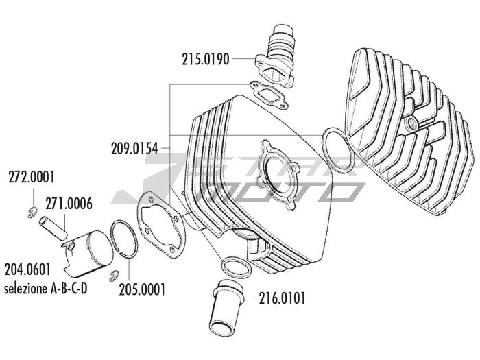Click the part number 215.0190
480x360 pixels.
tap(206, 59)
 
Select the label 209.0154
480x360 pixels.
tap(134, 149)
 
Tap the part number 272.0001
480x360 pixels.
tap(32, 177)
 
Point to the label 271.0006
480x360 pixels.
tap(69, 204)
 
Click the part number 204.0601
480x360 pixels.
tap(27, 269)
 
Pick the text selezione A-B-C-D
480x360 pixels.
tap(46, 289)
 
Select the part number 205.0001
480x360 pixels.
tap(142, 289)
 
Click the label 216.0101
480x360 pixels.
tap(283, 298)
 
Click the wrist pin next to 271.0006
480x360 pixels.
tap(53, 228)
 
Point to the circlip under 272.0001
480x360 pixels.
tap(32, 213)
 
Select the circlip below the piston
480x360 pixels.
tap(114, 276)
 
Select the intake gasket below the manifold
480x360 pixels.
tap(269, 95)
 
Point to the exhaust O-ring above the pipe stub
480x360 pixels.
tap(236, 266)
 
